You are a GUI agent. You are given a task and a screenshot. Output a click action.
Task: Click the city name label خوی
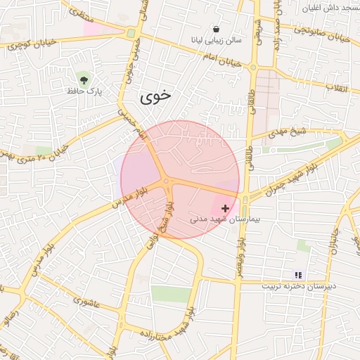coord(155,96)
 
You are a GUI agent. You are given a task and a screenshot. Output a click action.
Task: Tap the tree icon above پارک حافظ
coord(84,77)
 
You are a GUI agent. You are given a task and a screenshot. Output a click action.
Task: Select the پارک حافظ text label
coord(84,91)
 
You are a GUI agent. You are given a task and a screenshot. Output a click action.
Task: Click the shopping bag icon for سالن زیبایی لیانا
coord(216,29)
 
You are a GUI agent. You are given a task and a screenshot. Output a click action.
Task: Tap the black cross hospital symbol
coord(225,208)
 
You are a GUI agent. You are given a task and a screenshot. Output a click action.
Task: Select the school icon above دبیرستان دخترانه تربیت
coord(298,275)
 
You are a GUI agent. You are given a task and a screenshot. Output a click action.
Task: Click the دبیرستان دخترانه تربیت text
coord(299,286)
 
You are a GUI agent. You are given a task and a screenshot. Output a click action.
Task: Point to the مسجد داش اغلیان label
coord(328,7)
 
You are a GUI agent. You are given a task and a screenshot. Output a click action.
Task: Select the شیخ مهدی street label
coord(289,131)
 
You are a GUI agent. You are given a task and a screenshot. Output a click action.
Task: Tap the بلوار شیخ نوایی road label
coord(160,225)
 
